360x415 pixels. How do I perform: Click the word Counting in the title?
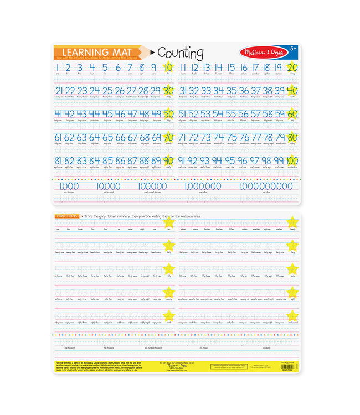pos(181,53)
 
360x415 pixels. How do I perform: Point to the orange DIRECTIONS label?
pos(66,215)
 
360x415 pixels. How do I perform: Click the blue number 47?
pos(132,114)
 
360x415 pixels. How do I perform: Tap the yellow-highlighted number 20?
pos(292,68)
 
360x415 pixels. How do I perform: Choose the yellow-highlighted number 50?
pos(168,114)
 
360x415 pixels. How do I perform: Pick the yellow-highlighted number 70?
pos(168,137)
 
